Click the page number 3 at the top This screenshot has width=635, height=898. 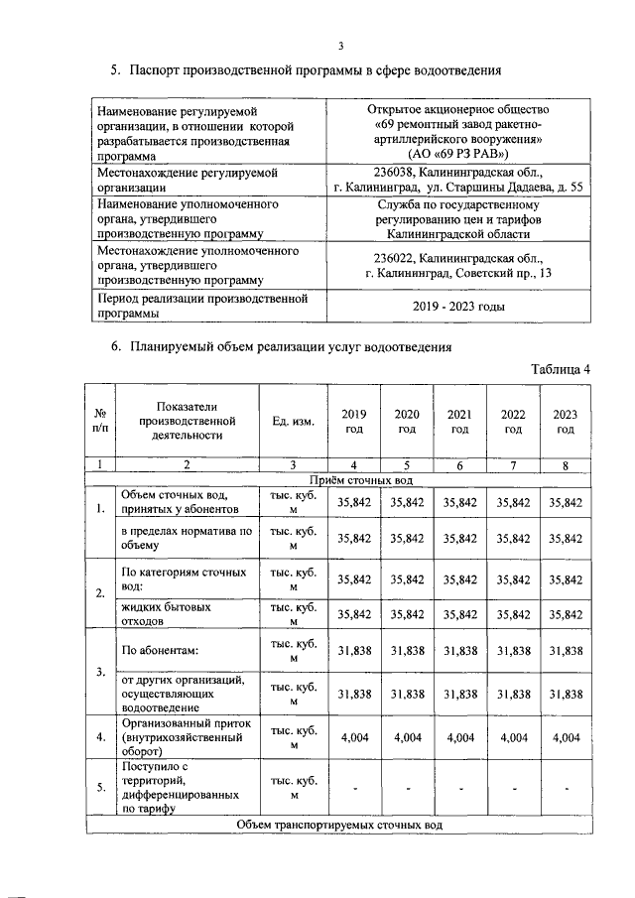tap(339, 46)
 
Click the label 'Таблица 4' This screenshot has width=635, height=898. tap(561, 369)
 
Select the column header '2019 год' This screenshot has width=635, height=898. tap(353, 421)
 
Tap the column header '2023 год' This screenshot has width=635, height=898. tap(565, 421)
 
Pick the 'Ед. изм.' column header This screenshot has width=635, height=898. tap(293, 422)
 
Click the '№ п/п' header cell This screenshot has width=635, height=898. tap(100, 421)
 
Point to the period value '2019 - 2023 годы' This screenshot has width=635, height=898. tap(457, 307)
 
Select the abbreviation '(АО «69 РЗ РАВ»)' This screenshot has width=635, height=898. tap(457, 154)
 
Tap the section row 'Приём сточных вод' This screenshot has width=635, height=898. tap(339, 479)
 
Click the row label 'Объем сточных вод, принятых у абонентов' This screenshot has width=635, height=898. tap(179, 502)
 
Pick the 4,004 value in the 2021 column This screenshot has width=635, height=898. tap(459, 737)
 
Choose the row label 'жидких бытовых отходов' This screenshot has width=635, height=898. tap(167, 613)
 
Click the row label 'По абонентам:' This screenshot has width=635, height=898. tap(160, 651)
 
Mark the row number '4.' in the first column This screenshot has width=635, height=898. tap(100, 737)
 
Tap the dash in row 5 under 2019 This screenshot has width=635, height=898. tap(354, 788)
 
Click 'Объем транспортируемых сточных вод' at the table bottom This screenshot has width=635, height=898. tap(339, 825)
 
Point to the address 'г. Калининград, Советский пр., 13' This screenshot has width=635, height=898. tap(457, 272)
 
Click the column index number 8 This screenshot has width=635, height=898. tap(565, 464)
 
